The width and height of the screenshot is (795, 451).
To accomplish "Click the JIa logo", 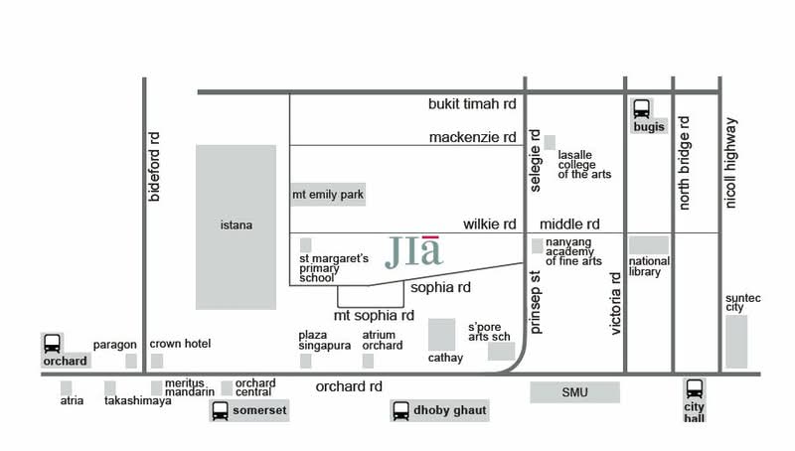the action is (x=413, y=252).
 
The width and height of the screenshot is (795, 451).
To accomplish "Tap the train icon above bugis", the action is (x=641, y=108).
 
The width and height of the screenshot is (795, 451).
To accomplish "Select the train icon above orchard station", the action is (x=52, y=343).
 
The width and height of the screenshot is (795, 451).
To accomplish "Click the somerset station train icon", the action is (x=220, y=410).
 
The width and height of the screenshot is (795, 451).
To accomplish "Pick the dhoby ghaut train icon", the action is (x=400, y=410).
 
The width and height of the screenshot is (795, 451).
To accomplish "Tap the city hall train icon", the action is (x=694, y=389).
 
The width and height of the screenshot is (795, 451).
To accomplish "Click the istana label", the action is (x=237, y=225).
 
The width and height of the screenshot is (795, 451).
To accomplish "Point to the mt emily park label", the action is (x=328, y=195).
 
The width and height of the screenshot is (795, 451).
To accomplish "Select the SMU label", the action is (x=575, y=392).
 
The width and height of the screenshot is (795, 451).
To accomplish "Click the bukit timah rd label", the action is (x=472, y=104).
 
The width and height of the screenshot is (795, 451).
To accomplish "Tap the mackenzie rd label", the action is (x=473, y=137).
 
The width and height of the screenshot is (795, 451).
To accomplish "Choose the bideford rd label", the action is (x=154, y=167).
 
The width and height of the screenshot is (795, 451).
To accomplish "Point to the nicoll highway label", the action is (x=730, y=163).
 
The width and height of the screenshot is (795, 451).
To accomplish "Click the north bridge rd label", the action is (x=684, y=163).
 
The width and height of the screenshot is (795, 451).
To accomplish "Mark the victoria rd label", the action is (x=615, y=304).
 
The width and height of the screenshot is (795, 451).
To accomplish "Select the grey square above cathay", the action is (x=441, y=335).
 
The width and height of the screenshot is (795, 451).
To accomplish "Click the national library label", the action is (x=649, y=266).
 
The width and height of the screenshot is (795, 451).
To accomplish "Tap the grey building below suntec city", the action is (x=736, y=342).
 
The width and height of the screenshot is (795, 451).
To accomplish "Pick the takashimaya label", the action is (x=138, y=400).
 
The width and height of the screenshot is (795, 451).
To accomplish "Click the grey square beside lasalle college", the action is (x=550, y=142).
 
